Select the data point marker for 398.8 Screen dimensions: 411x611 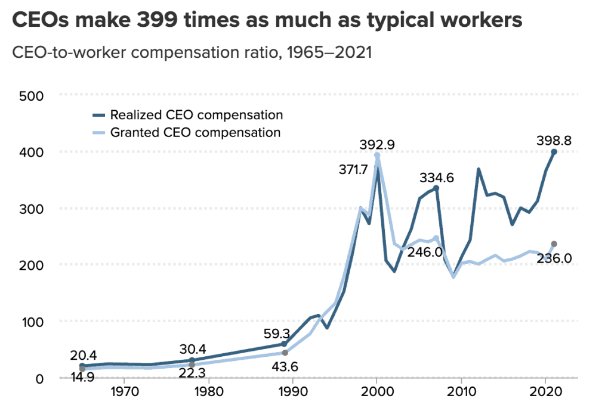click(x=554, y=152)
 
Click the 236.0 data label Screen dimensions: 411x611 click(x=554, y=259)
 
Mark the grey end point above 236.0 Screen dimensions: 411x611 click(x=554, y=244)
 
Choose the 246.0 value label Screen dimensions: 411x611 click(x=425, y=252)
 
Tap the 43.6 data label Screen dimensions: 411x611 click(x=286, y=368)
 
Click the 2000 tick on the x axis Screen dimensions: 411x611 click(x=377, y=394)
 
